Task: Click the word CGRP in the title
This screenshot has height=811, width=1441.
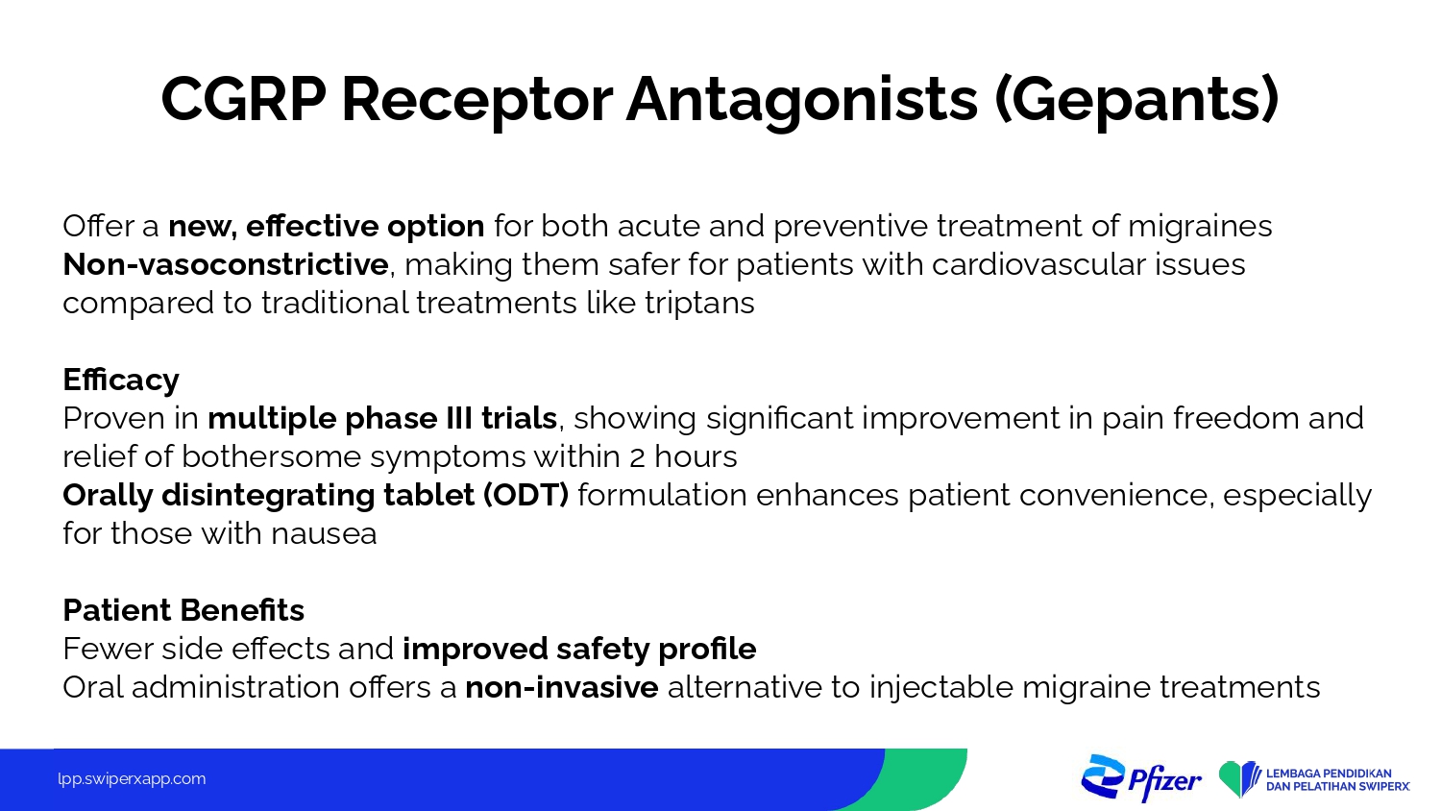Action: click(243, 99)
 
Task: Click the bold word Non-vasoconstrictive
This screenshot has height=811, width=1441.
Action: click(226, 264)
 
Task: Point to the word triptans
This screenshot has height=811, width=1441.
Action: click(699, 304)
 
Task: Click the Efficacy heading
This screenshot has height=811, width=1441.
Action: click(121, 381)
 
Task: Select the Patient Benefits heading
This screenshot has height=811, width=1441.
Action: click(183, 610)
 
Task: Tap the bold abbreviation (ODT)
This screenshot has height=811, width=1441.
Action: click(525, 496)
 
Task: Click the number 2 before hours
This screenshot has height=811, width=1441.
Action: click(637, 458)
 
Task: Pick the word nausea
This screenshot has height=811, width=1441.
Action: click(324, 535)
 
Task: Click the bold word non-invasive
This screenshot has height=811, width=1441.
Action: click(562, 687)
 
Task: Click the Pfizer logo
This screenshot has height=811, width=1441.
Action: click(1140, 778)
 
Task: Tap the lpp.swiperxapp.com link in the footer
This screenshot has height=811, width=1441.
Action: click(132, 779)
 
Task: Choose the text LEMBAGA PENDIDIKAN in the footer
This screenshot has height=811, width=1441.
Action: click(1329, 773)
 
